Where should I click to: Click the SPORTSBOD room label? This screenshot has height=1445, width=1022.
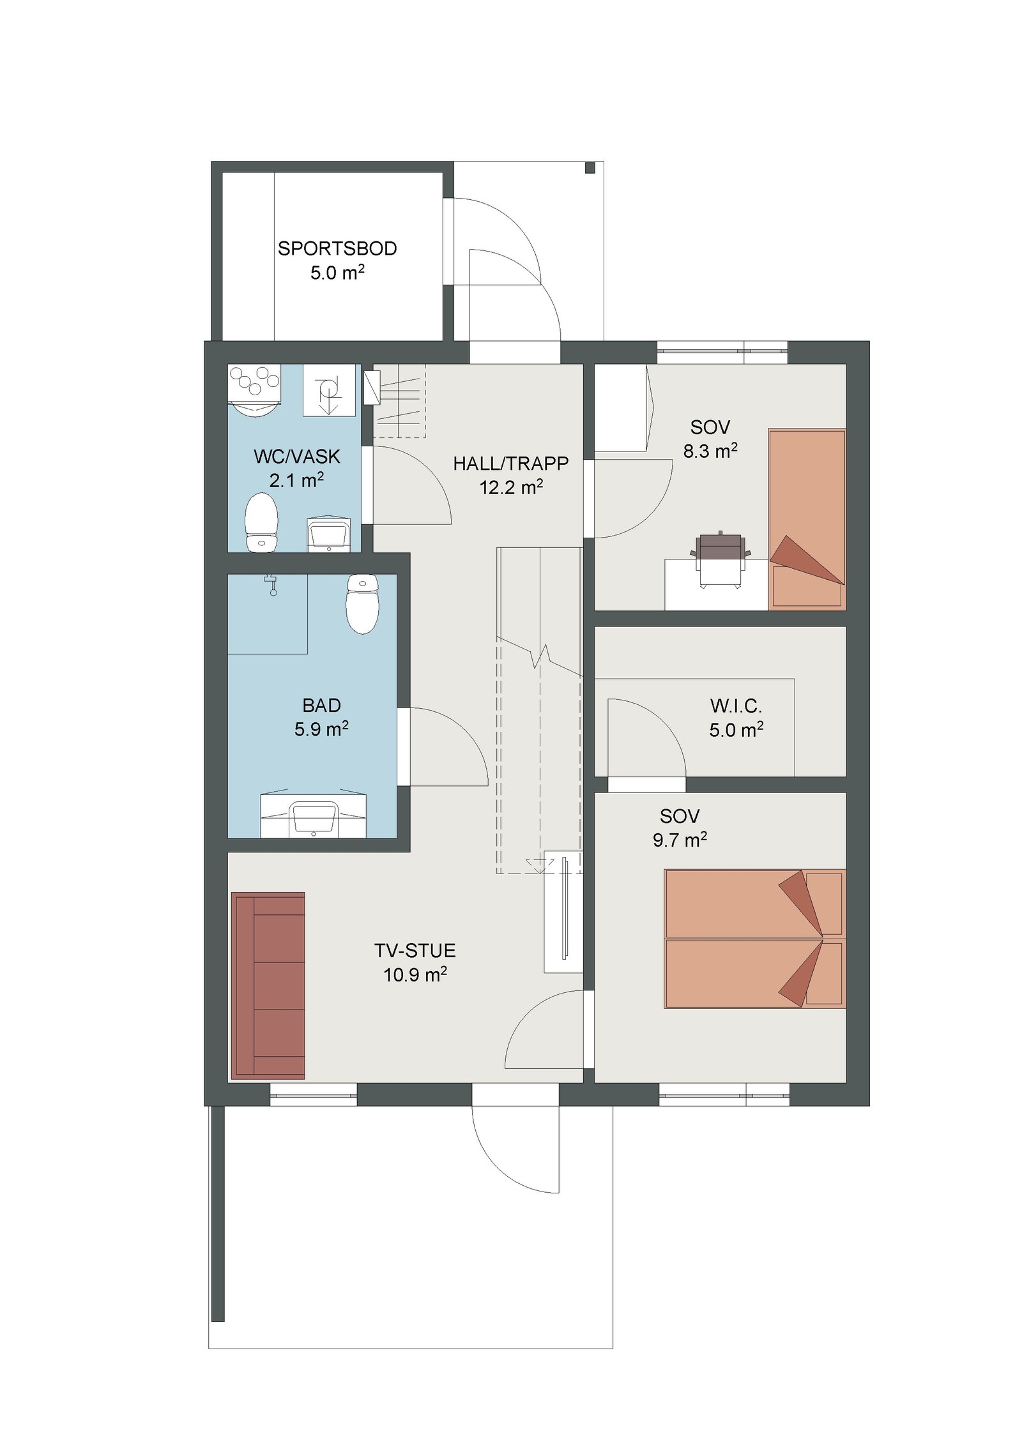(337, 248)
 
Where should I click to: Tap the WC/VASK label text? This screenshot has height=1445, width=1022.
(297, 457)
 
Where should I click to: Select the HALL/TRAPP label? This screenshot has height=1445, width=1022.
(511, 464)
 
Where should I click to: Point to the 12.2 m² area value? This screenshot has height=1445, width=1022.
(511, 487)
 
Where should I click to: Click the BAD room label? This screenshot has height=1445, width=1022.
(321, 706)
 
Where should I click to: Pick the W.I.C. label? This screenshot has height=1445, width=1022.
(736, 706)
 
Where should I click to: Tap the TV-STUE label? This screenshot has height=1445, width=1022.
(415, 951)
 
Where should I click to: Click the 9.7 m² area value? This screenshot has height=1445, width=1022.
(680, 840)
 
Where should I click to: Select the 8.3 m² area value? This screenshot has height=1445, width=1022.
(710, 451)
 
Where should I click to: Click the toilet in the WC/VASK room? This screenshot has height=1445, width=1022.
(261, 522)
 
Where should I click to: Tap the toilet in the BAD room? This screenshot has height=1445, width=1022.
(362, 603)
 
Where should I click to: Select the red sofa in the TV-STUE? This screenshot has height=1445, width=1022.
(268, 986)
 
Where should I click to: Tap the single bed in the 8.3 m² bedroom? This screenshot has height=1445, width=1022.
(807, 519)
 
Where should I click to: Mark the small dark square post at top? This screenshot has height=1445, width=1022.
(590, 168)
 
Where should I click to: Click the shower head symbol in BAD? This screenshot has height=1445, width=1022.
(273, 585)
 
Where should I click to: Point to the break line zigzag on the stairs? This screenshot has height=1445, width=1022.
(540, 656)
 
